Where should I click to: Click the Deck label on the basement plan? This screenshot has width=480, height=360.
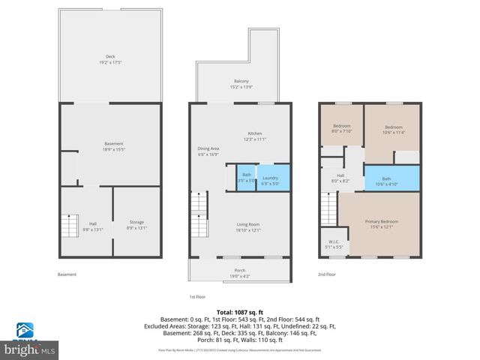(110, 59)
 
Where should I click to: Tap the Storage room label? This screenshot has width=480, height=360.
(136, 225)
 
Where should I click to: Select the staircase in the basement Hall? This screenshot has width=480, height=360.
(70, 224)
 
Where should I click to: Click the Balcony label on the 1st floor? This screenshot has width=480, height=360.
(241, 83)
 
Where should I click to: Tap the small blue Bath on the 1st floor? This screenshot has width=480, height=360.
(247, 180)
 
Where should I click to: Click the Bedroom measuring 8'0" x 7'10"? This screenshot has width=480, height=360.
(341, 129)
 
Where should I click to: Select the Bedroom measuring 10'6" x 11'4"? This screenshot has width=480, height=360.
(394, 129)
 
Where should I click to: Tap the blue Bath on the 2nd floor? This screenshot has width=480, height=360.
(386, 181)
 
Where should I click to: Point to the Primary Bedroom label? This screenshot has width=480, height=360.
(381, 223)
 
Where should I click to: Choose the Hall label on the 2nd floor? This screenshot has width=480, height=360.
(340, 178)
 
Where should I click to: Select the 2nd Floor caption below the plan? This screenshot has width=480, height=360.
(327, 274)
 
